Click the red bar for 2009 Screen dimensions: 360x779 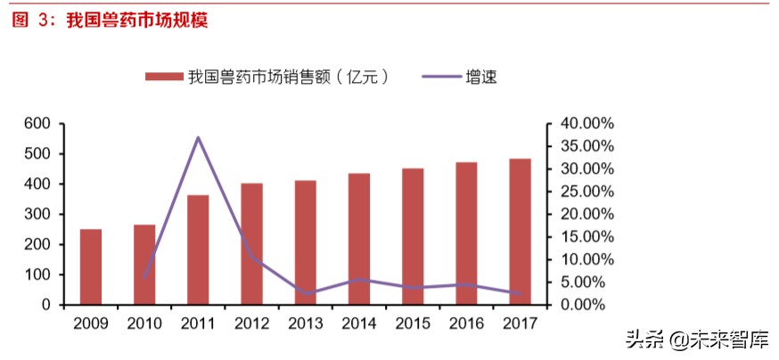91,266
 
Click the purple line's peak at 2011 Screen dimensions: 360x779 198,137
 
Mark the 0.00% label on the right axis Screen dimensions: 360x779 582,305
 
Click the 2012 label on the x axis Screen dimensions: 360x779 251,323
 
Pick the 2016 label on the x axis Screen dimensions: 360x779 466,323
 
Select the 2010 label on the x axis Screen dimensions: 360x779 144,323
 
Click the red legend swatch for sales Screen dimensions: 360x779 163,78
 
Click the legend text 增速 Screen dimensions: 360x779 481,78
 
